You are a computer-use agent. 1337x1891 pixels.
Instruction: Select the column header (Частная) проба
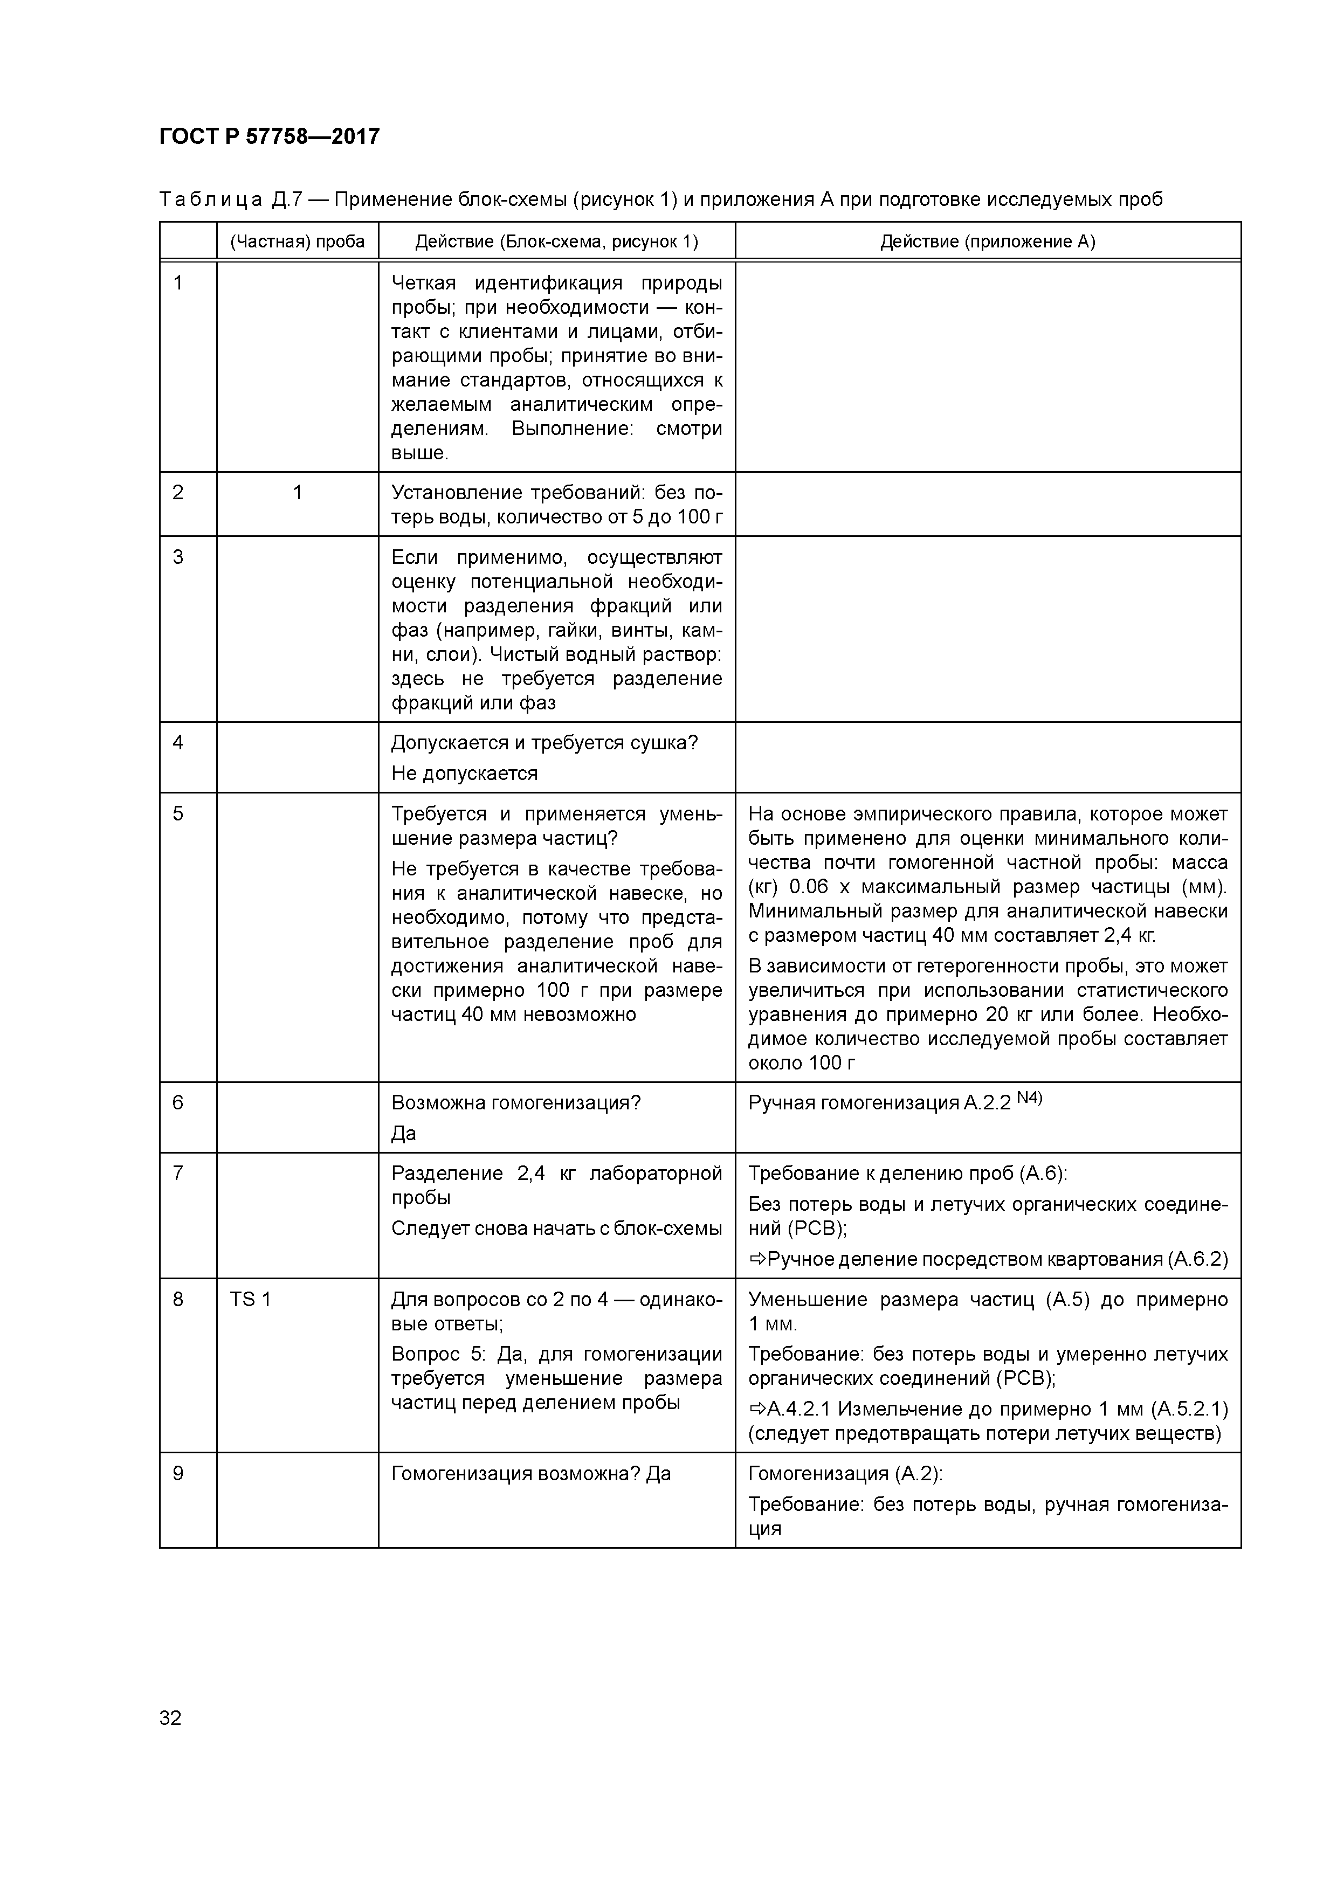pos(298,241)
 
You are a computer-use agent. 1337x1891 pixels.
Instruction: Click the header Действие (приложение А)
pos(987,241)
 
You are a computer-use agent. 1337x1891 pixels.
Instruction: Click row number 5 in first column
pos(178,814)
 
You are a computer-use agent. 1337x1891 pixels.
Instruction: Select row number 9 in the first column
pos(178,1473)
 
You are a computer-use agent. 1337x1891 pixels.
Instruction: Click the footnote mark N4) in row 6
pos(1029,1098)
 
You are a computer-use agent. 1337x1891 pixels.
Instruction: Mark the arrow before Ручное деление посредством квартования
pos(757,1259)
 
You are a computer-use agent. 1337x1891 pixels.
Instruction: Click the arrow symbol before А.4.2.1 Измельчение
pos(757,1409)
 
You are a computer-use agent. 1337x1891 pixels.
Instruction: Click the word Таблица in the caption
pos(211,199)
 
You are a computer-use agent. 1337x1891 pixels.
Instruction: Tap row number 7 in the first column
pos(178,1173)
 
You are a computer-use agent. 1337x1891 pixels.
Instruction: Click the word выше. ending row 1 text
pos(419,453)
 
